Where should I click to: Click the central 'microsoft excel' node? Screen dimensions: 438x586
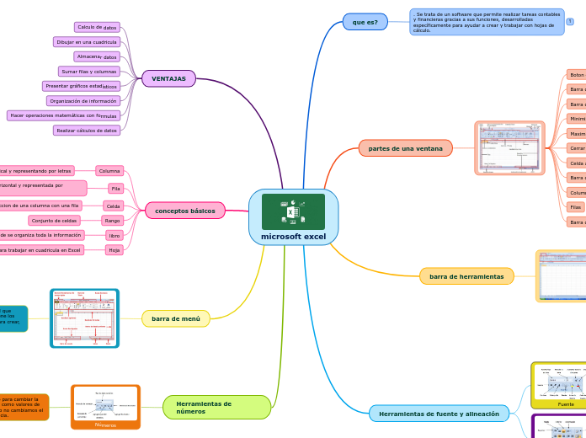(x=293, y=237)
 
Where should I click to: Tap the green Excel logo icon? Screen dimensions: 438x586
(x=293, y=211)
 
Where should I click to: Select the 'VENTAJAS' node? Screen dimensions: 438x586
(x=168, y=78)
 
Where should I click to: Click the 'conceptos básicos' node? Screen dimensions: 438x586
(x=184, y=211)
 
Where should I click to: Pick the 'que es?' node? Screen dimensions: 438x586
(x=365, y=22)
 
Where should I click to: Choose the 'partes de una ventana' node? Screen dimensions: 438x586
(x=405, y=148)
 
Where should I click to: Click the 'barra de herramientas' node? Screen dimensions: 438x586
(x=466, y=276)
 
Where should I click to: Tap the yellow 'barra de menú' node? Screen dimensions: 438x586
(x=175, y=318)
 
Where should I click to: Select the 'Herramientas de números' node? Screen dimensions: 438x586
(x=216, y=408)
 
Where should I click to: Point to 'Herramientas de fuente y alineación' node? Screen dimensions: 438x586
(x=439, y=414)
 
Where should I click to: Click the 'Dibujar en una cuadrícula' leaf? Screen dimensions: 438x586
(x=87, y=42)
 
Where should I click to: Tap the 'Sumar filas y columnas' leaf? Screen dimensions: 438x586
(x=88, y=72)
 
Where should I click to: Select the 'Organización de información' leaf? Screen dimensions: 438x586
(x=83, y=101)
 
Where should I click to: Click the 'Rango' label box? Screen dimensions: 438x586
(x=113, y=221)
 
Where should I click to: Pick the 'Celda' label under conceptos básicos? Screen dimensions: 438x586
(x=114, y=206)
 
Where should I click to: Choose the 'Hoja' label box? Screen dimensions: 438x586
(x=115, y=250)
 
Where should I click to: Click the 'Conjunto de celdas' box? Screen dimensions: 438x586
(x=55, y=221)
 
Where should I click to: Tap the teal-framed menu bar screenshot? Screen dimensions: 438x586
(x=84, y=318)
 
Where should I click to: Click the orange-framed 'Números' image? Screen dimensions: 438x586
(x=105, y=407)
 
